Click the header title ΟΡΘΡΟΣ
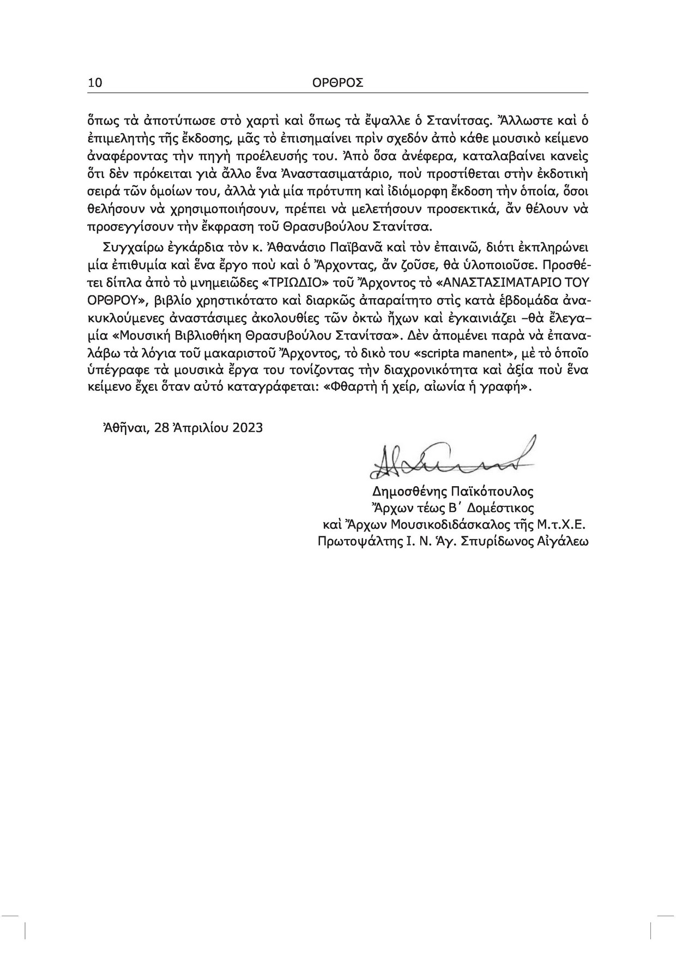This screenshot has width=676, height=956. [338, 82]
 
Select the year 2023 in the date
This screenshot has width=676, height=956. [248, 427]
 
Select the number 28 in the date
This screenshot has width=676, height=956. [162, 427]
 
